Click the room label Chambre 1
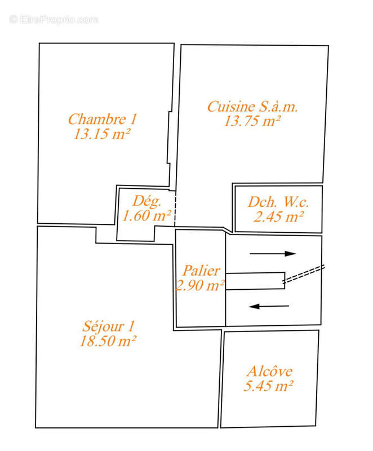(x=102, y=120)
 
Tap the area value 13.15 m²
(x=102, y=134)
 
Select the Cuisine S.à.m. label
(x=253, y=107)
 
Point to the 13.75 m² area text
(x=253, y=121)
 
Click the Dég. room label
(x=147, y=200)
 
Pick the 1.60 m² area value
(x=146, y=215)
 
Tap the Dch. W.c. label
(x=278, y=202)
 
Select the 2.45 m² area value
(x=278, y=216)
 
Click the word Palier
(x=201, y=271)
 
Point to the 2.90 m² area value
(x=201, y=286)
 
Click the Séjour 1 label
(x=109, y=326)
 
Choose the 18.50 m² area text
(x=109, y=341)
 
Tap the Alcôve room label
(x=269, y=372)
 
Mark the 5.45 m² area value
(x=269, y=386)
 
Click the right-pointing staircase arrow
(x=273, y=254)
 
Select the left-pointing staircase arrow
(x=269, y=306)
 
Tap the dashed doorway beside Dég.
(x=175, y=209)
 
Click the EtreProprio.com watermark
(x=54, y=19)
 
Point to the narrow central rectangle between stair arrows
(x=255, y=281)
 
